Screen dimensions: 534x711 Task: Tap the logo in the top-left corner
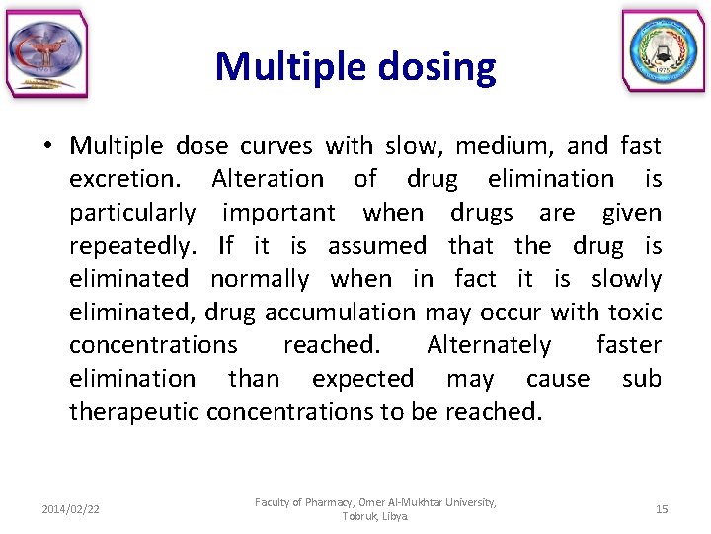point(46,54)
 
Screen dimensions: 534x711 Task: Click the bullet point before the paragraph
point(46,147)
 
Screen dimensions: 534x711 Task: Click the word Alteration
point(268,179)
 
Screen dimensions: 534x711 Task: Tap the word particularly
point(132,213)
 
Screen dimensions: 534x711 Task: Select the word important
point(278,213)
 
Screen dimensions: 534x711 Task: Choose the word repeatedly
point(132,246)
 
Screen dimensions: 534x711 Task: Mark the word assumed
point(377,246)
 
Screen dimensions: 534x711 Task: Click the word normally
point(260,279)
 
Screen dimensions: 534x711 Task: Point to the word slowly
point(627,279)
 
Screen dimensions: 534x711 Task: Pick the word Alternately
point(489,345)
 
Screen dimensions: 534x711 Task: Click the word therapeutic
point(135,411)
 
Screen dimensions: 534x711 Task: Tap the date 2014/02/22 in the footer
point(70,509)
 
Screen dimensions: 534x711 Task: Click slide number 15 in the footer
point(662,509)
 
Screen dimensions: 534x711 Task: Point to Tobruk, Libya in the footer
point(375,517)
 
